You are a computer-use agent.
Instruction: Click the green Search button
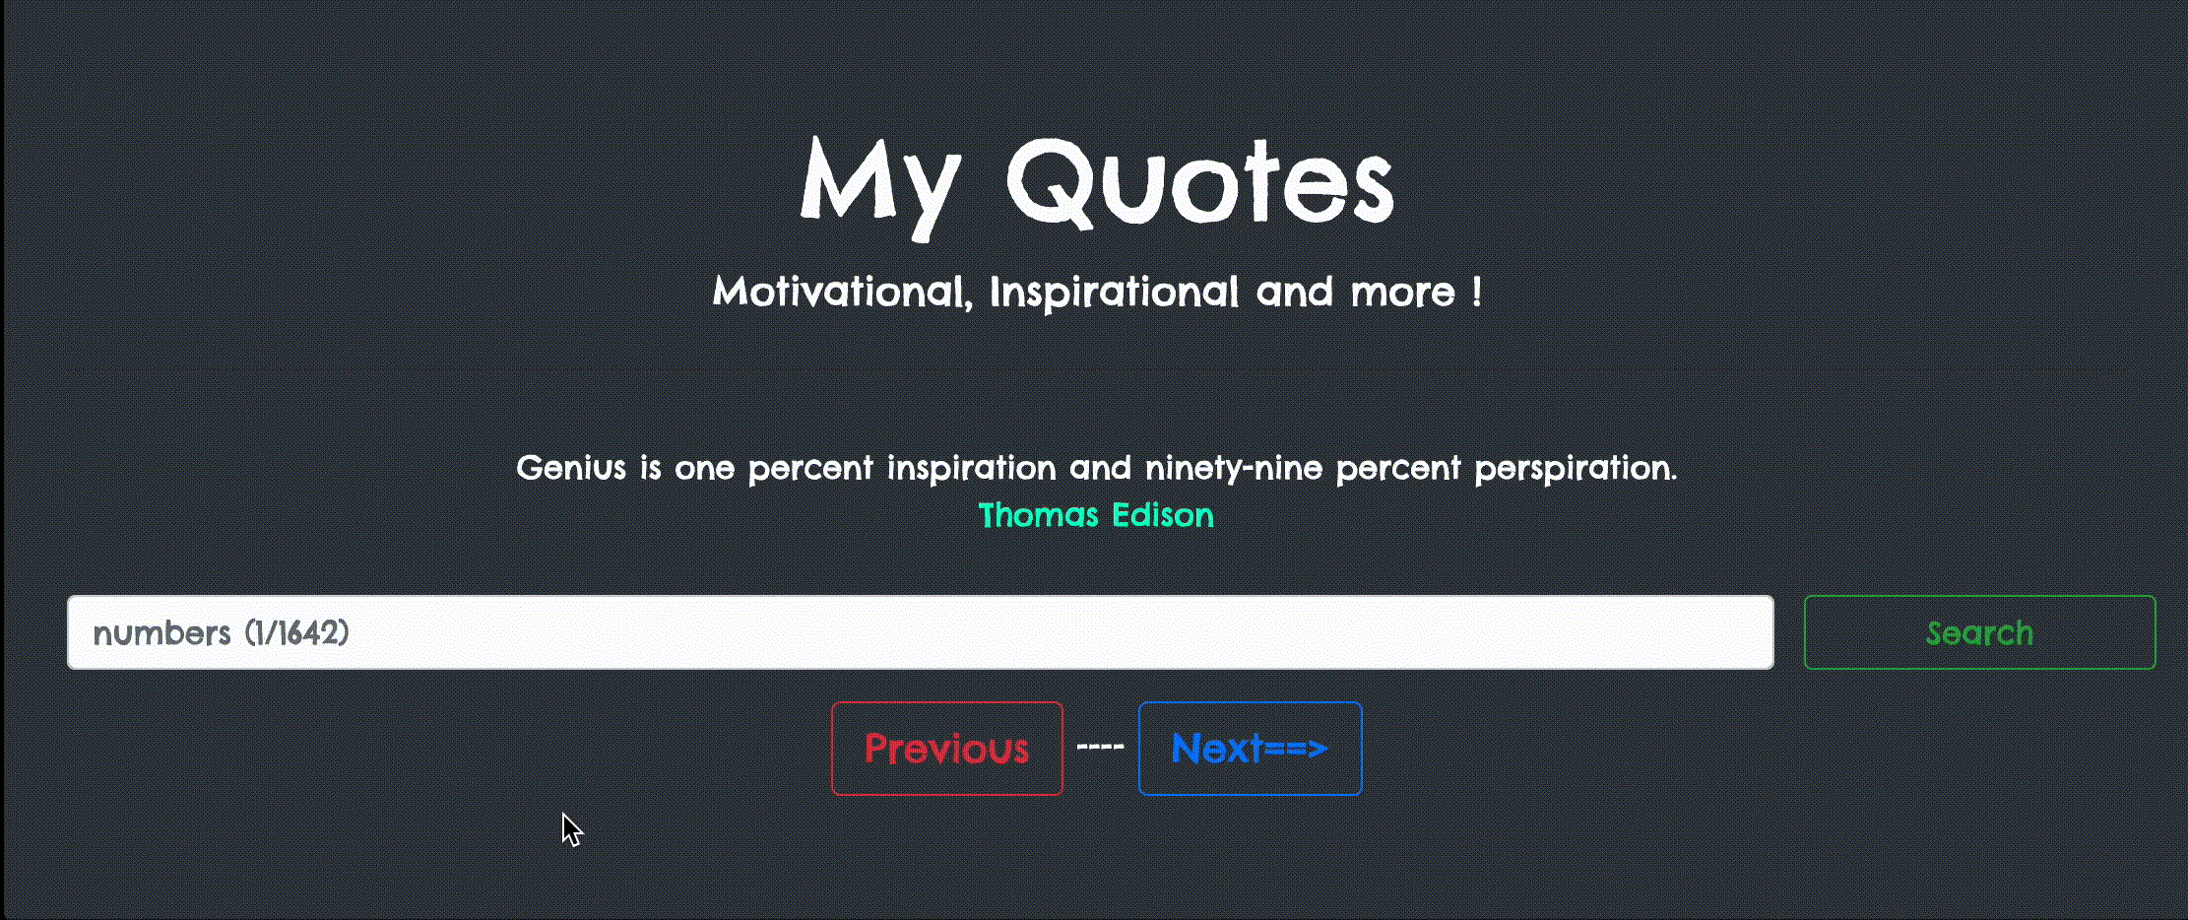pyautogui.click(x=1979, y=632)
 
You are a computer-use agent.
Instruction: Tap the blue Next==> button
pyautogui.click(x=1250, y=749)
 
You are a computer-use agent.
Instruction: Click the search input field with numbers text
pyautogui.click(x=920, y=632)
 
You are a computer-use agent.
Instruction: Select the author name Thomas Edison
pyautogui.click(x=1096, y=515)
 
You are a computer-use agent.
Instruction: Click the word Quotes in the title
pyautogui.click(x=1199, y=183)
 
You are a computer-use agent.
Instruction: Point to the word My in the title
pyautogui.click(x=880, y=187)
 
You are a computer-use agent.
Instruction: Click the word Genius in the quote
pyautogui.click(x=571, y=467)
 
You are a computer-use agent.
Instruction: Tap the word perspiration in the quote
pyautogui.click(x=1575, y=468)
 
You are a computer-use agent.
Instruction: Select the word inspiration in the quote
pyautogui.click(x=971, y=468)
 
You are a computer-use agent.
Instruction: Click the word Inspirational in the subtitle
pyautogui.click(x=1114, y=293)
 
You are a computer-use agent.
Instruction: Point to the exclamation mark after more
pyautogui.click(x=1476, y=292)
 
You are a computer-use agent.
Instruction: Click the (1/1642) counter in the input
pyautogui.click(x=296, y=632)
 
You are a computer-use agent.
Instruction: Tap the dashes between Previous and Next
pyautogui.click(x=1100, y=748)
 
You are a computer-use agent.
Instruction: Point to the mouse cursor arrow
pyautogui.click(x=571, y=829)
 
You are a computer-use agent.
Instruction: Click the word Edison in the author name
pyautogui.click(x=1162, y=515)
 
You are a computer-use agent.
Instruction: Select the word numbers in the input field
pyautogui.click(x=161, y=633)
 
